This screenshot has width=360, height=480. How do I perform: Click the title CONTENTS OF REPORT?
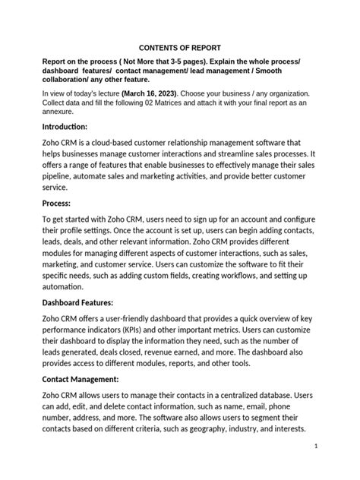[179, 46]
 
